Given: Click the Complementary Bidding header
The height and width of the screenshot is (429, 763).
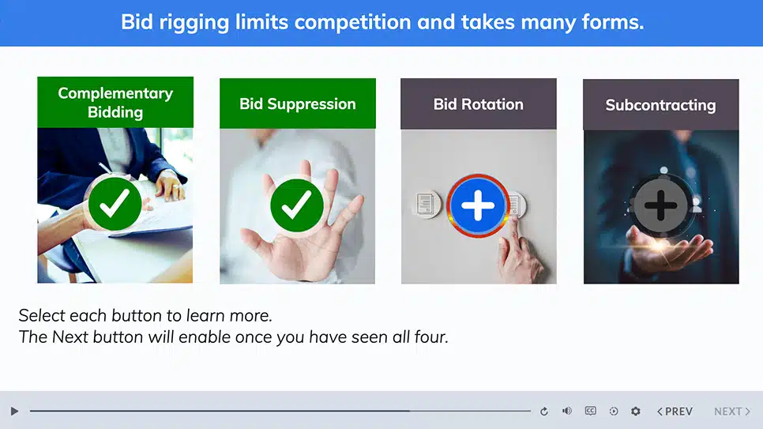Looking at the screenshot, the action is click(x=115, y=102).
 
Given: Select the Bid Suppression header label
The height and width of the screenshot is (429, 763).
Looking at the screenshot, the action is click(x=297, y=103).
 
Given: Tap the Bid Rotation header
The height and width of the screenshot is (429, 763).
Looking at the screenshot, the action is click(x=479, y=104).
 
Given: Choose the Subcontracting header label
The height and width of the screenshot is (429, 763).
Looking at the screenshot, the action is click(x=661, y=105).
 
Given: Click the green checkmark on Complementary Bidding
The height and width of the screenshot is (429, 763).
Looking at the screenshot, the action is click(x=115, y=204).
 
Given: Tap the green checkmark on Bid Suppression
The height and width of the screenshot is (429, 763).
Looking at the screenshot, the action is click(x=297, y=205).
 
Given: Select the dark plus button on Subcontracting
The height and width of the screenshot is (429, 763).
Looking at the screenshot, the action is click(x=660, y=205).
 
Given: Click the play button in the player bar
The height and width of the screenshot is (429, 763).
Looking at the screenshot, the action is click(x=14, y=412).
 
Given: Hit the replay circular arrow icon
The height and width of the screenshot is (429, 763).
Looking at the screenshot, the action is click(x=544, y=412).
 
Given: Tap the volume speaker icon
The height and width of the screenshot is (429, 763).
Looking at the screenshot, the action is click(x=567, y=411).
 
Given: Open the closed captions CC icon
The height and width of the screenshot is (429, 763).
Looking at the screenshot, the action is click(x=590, y=411).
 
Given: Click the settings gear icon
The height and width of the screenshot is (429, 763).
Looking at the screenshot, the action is click(x=636, y=412).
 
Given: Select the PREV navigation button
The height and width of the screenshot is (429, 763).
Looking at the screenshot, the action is click(x=675, y=412).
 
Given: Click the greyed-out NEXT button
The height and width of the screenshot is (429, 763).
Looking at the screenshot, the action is click(x=732, y=412).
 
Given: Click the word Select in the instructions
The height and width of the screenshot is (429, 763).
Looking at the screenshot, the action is click(x=41, y=315).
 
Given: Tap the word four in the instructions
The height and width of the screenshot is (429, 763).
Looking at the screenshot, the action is click(x=430, y=337).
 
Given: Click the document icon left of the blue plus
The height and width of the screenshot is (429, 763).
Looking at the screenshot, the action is click(x=427, y=204).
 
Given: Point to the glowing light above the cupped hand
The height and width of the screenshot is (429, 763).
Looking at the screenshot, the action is click(x=661, y=244).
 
